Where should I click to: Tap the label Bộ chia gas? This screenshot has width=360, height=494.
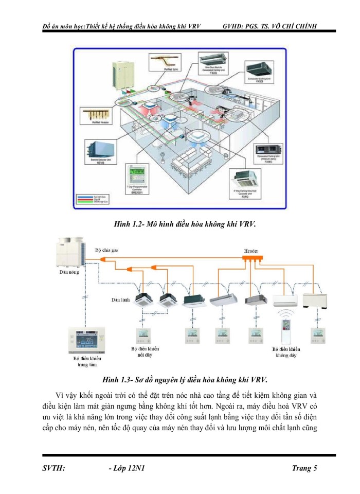tap(107, 250)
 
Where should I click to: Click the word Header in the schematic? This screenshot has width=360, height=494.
tap(251, 251)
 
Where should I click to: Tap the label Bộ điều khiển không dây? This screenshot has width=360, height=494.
tap(286, 351)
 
